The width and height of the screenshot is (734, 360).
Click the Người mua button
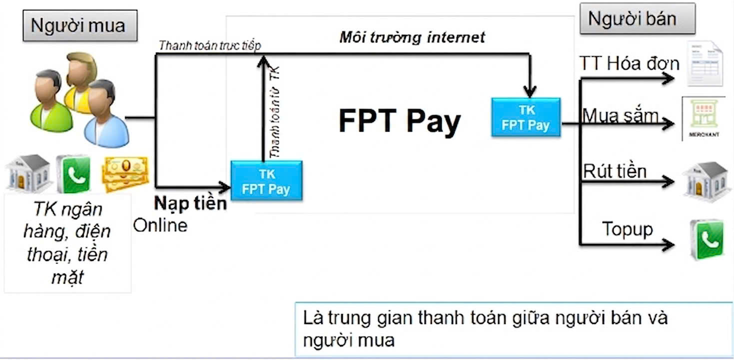(x=80, y=25)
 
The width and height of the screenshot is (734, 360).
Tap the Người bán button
(x=638, y=18)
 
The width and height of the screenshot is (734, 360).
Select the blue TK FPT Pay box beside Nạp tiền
(x=266, y=180)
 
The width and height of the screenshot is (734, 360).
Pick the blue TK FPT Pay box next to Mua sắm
(x=526, y=117)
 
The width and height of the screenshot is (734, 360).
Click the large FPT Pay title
(x=400, y=121)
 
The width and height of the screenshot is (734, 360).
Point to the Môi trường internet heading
(x=412, y=37)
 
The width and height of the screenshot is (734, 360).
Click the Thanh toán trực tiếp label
(x=210, y=45)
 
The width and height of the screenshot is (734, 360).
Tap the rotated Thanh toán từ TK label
(x=275, y=111)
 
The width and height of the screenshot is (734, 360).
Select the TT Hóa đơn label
(x=629, y=63)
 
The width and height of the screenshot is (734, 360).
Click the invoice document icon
(x=705, y=63)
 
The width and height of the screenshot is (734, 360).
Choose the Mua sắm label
(x=620, y=115)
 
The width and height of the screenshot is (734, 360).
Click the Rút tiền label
(x=615, y=171)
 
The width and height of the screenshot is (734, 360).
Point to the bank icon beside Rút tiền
(x=707, y=181)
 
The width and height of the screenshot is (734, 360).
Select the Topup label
(x=628, y=229)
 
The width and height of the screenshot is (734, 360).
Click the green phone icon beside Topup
(x=707, y=239)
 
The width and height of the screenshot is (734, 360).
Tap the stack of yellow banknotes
(x=125, y=174)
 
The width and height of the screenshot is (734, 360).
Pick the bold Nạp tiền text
(x=190, y=203)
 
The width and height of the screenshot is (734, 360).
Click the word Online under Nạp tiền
(x=160, y=225)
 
